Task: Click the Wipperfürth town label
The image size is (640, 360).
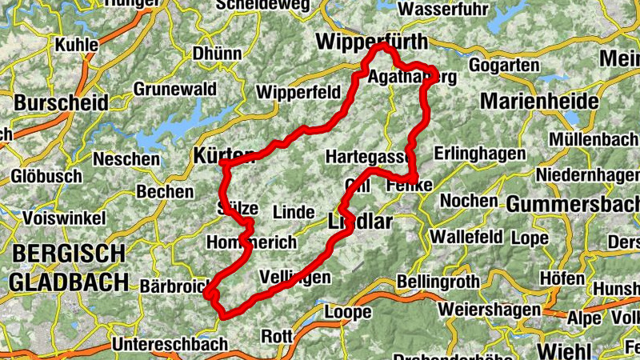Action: point(371,41)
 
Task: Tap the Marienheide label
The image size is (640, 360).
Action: point(538,102)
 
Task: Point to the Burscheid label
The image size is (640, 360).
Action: point(61,102)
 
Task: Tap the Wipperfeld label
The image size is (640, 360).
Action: point(298,91)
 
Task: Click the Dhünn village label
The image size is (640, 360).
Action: point(216,54)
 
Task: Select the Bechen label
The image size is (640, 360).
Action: point(165,191)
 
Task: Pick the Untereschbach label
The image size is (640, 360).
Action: point(164,344)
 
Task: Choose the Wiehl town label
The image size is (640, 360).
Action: point(565,350)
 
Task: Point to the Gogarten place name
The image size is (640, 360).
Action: point(506,65)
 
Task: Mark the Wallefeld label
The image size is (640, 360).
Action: point(466,238)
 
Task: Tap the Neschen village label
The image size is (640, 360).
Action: point(126,159)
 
